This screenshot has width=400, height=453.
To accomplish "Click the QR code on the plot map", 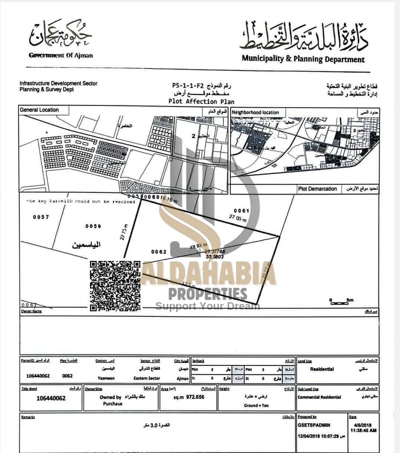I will click(x=115, y=285).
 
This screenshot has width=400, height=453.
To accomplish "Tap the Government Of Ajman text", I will click(x=60, y=55).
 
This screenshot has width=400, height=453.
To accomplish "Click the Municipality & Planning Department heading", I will click(x=303, y=59).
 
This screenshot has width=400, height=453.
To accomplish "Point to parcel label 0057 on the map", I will click(x=41, y=217).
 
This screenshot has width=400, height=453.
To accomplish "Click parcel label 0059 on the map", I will click(x=93, y=226).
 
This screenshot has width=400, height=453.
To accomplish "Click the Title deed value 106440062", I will click(x=51, y=398).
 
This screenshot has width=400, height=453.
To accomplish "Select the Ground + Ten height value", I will click(x=257, y=405).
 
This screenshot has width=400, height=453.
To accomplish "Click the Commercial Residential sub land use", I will click(x=319, y=397).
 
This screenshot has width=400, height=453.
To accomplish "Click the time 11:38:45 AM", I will click(x=362, y=429).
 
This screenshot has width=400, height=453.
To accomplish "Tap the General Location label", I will click(x=39, y=109).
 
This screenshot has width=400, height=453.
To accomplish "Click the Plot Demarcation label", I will click(x=317, y=189).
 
